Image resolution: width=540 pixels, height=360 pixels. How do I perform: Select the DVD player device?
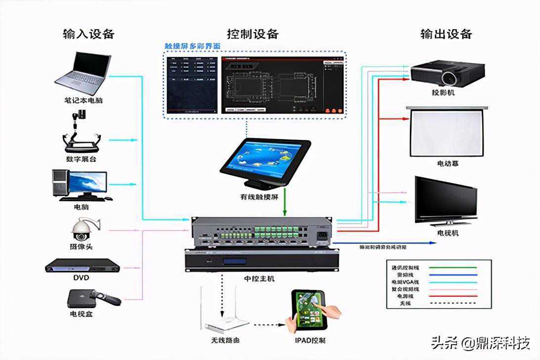83,266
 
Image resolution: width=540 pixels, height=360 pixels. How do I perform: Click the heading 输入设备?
89,34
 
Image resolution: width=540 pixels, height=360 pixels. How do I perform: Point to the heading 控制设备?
253,34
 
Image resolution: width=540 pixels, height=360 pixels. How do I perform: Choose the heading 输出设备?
446,34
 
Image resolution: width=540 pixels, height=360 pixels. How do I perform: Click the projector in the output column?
442,73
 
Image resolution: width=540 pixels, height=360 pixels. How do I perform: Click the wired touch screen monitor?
265,162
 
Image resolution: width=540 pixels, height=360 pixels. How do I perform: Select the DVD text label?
81,278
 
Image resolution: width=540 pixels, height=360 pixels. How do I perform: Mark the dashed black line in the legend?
452,303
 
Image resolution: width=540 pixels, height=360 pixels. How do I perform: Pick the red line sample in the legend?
452,296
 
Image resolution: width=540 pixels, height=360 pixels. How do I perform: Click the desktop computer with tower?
79,184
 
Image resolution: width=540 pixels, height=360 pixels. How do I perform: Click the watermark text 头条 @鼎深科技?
480,343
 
